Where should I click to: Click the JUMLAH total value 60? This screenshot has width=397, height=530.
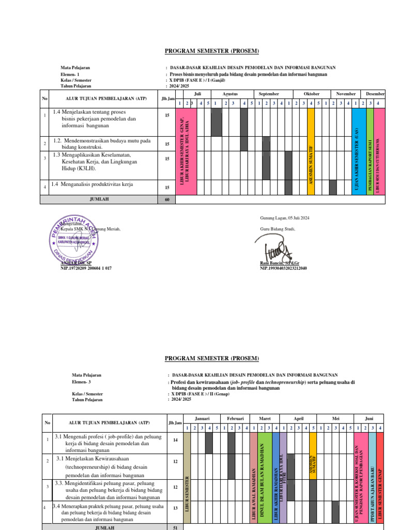[167, 199]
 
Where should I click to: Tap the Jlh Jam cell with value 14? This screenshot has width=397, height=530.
[175, 439]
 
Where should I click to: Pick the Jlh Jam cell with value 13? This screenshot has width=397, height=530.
[175, 508]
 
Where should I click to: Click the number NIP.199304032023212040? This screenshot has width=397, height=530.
[284, 268]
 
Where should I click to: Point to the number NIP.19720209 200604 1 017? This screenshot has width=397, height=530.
[86, 268]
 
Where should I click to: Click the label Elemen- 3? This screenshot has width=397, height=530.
[82, 381]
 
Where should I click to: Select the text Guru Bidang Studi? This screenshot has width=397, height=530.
[277, 229]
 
